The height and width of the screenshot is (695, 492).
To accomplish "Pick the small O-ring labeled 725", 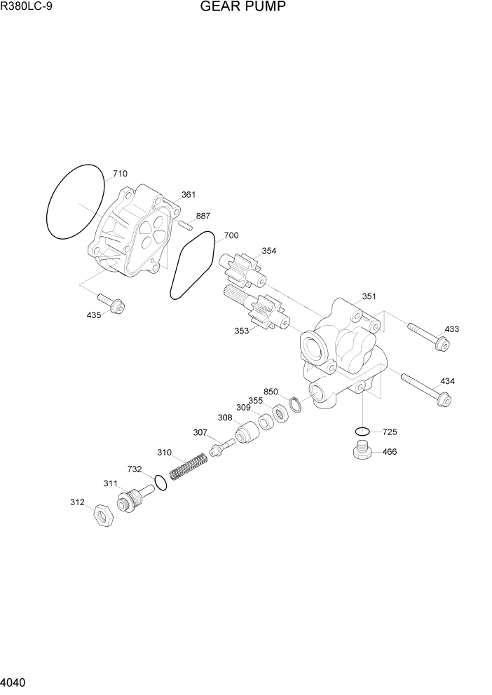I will click(362, 431).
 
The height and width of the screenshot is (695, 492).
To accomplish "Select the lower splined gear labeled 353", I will click(257, 311).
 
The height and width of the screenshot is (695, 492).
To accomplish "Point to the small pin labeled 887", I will click(186, 226).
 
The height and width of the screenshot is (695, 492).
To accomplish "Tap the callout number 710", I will click(120, 173).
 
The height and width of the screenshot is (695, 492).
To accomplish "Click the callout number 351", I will click(369, 296).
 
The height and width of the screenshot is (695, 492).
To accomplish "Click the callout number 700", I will click(231, 236).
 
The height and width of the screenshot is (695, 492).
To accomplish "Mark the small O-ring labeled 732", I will click(160, 483).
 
